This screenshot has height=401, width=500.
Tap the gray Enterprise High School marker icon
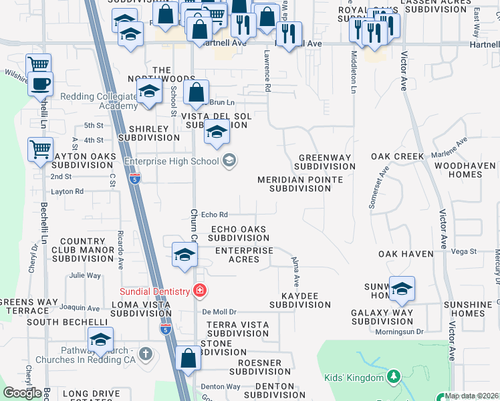point(229,160)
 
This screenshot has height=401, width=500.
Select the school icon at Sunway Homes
point(402,288)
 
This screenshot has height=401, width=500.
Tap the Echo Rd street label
point(215,215)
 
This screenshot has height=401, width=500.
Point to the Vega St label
point(463,251)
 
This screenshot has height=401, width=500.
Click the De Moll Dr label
point(220,312)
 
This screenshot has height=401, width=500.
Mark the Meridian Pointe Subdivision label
point(300,184)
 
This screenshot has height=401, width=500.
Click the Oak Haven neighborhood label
point(406,254)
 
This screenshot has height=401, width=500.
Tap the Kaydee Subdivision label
point(300,300)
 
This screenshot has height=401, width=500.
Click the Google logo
point(22,393)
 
